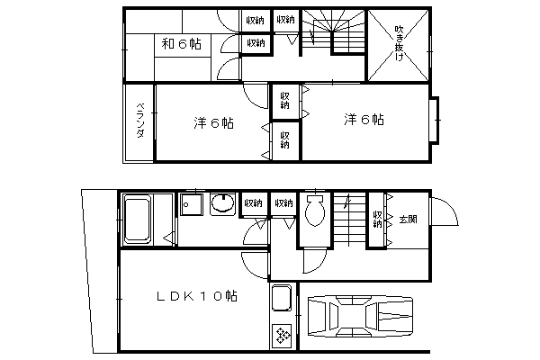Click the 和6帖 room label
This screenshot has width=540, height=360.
tap(182, 44)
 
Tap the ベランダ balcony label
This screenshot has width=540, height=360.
tap(140, 120)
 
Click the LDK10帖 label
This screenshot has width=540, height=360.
tap(196, 296)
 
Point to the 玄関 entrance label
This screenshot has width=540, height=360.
tap(408, 219)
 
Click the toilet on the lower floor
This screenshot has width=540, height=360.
tap(315, 210)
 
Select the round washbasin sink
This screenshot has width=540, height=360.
tap(223, 203)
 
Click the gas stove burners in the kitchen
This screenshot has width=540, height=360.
tap(283, 335)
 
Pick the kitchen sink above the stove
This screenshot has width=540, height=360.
tap(282, 298)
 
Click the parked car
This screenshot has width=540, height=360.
tap(360, 316)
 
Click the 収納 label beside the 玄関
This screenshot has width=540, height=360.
tap(377, 219)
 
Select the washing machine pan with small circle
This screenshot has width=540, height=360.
tap(191, 204)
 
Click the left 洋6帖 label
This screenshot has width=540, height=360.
tap(213, 123)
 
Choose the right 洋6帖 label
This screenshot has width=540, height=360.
tap(364, 120)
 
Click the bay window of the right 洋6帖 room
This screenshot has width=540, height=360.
tap(435, 120)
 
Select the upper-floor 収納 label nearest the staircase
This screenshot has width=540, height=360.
tap(286, 20)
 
